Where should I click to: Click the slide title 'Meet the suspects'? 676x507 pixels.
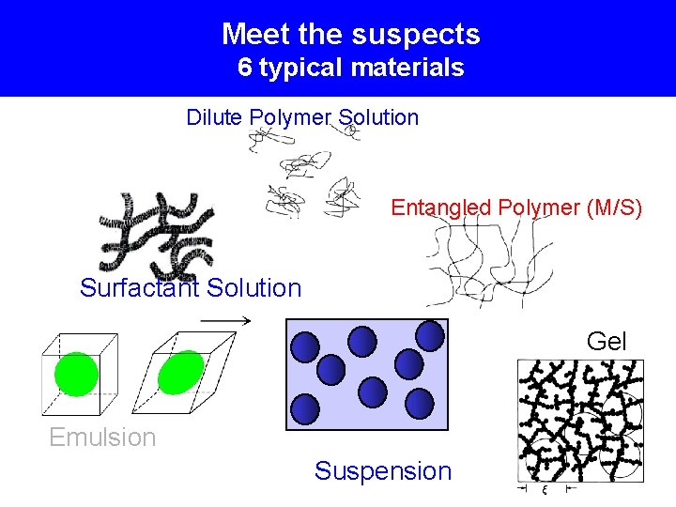(x=350, y=35)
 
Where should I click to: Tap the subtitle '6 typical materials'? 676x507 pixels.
(x=350, y=68)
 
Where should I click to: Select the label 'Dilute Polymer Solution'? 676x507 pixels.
(x=302, y=117)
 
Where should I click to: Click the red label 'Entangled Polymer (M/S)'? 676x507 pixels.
(x=516, y=207)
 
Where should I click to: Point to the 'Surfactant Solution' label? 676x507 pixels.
(x=191, y=288)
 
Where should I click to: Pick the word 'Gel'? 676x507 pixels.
(x=607, y=342)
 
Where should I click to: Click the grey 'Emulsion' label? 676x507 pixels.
(x=102, y=438)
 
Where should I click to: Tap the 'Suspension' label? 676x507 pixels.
(x=383, y=471)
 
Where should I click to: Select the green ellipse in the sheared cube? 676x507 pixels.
(x=181, y=373)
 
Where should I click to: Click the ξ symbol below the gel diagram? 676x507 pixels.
(x=544, y=489)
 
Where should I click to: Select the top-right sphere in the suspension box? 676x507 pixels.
(x=430, y=335)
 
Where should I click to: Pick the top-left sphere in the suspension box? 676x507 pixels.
(x=305, y=348)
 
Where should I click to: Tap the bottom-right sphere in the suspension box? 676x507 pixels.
(x=419, y=404)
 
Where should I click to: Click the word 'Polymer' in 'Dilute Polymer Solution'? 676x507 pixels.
(x=290, y=117)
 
